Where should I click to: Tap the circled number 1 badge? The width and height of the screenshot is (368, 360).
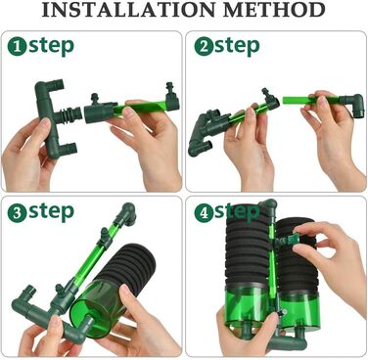pos(17,47)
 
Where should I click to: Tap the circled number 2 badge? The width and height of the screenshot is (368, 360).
pos(204,47)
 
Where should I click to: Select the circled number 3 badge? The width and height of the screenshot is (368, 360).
pos(17,213)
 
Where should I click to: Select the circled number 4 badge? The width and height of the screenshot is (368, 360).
pos(204,213)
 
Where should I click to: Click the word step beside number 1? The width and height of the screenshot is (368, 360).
pos(51,47)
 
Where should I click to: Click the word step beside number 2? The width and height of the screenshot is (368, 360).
pos(237,47)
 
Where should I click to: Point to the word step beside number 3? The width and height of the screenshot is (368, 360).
pos(51,213)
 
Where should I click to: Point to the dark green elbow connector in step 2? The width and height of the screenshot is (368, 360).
pos(351,105)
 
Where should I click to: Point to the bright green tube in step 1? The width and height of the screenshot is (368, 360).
pos(140,108)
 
